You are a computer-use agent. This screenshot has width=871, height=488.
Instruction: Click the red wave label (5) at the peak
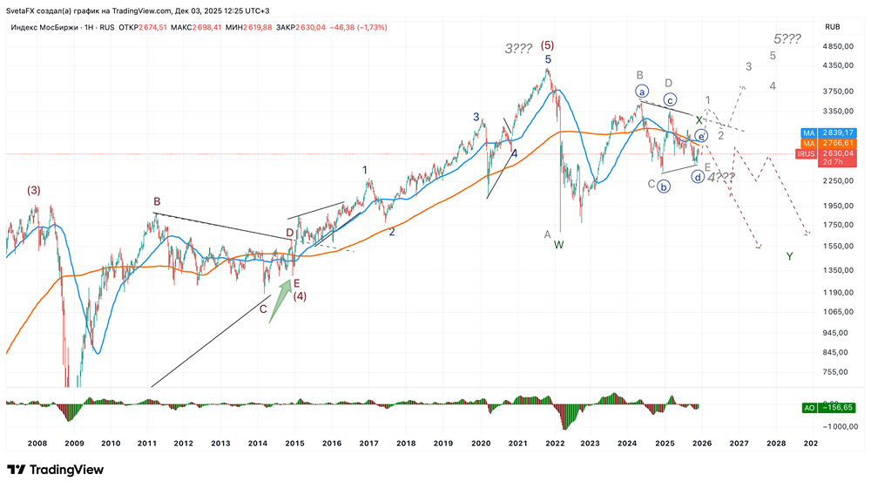pos(547,44)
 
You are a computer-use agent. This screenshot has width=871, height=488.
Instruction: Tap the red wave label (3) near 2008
pos(33,190)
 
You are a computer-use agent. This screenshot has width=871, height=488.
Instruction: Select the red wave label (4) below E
pos(299,296)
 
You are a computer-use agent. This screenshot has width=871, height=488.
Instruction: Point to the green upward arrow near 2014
pos(280,301)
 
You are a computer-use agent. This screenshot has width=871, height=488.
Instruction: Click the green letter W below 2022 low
pos(559,246)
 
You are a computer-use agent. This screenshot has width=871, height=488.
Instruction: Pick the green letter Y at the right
pos(789,256)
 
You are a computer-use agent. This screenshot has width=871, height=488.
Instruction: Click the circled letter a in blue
pos(643,91)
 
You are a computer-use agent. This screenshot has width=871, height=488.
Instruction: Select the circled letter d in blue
pos(698,176)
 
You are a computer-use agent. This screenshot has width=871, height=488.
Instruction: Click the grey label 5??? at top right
pos(787,38)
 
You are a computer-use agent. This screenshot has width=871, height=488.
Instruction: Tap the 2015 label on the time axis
pos(294,443)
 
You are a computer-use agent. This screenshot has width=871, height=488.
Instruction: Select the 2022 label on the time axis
pos(554,443)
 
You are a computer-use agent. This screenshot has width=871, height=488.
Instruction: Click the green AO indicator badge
pos(808,407)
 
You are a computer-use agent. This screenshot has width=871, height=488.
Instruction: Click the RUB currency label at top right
pos(832,27)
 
